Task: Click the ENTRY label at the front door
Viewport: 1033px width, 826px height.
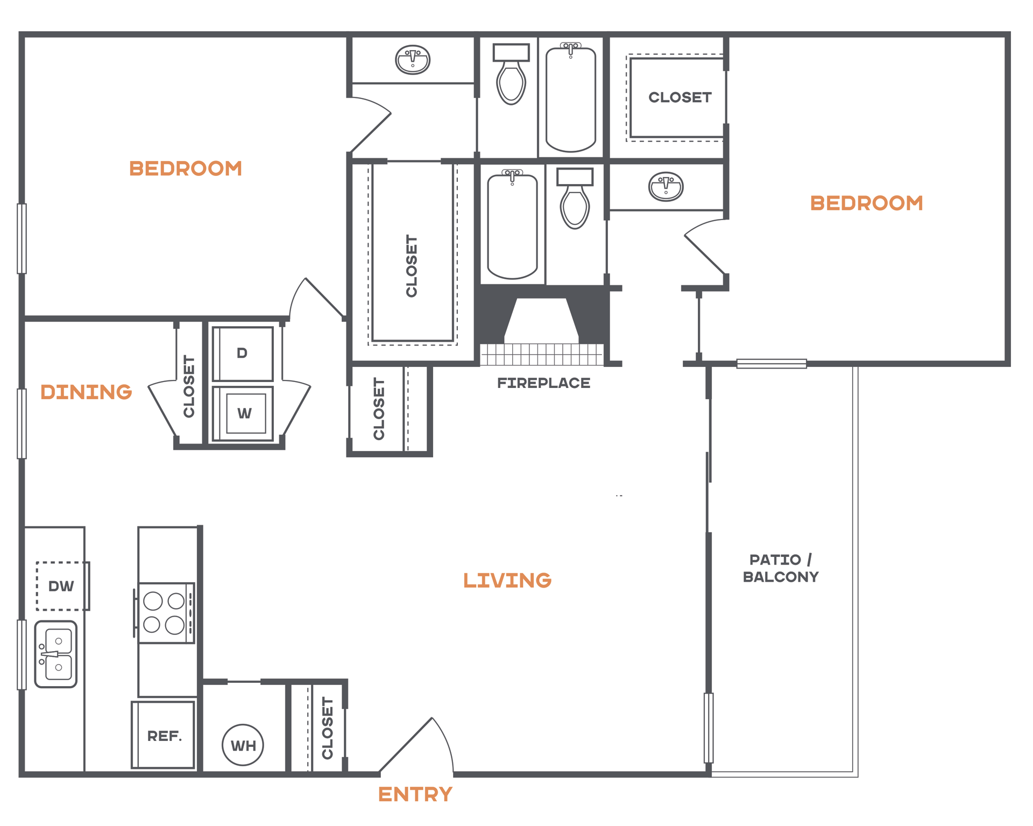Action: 415,794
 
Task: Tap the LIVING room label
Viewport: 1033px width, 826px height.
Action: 507,580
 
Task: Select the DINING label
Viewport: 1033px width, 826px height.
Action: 86,392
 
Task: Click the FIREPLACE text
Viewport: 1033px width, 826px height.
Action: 543,383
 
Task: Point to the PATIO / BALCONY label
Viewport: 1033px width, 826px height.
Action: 781,568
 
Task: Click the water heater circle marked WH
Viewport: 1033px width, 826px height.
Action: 243,745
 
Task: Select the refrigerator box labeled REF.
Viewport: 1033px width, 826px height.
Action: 164,735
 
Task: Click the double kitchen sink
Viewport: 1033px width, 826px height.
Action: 56,654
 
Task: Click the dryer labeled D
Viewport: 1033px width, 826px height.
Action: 243,354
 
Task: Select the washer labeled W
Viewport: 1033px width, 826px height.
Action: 243,413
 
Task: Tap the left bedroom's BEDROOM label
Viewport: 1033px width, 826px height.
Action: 186,168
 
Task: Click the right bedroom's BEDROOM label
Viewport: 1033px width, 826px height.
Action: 867,203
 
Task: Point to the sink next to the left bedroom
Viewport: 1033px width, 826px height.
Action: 413,59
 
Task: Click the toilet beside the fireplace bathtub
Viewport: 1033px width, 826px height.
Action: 575,198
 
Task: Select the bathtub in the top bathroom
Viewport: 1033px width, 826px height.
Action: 571,97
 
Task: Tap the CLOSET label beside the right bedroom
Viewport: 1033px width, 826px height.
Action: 680,97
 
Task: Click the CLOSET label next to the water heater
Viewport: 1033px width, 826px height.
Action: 327,728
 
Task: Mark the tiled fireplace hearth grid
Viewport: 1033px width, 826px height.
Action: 542,355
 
